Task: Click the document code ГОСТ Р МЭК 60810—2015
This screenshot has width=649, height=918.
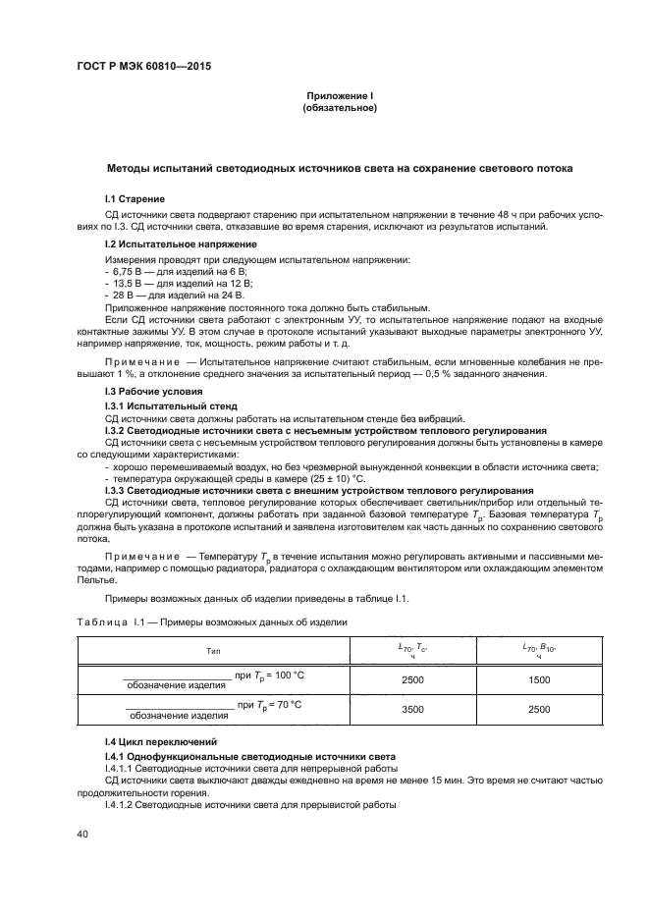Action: pos(143,67)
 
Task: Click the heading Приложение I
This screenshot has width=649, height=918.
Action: pos(341,95)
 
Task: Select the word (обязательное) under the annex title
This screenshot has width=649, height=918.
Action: pos(341,107)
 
